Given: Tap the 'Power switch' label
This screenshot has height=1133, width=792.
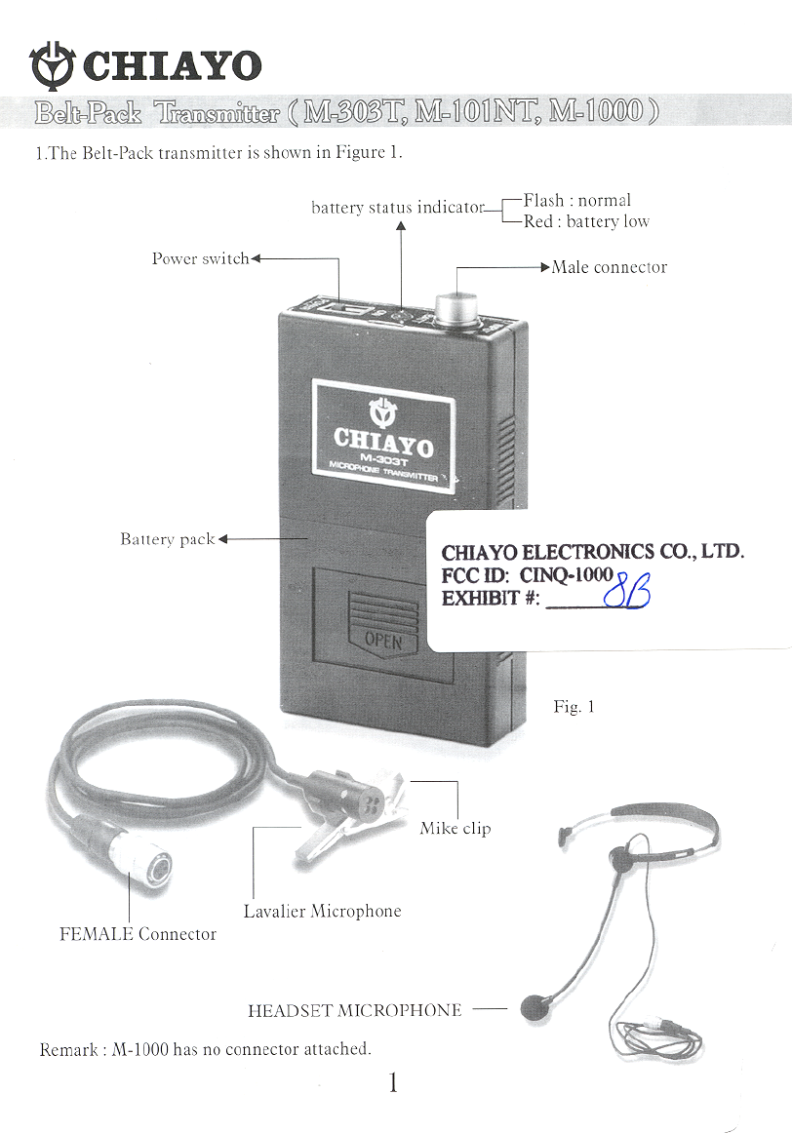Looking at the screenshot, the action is point(200,259).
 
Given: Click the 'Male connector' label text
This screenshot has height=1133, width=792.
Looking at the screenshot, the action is point(610,267).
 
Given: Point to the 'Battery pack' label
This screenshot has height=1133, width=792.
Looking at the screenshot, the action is point(167,539).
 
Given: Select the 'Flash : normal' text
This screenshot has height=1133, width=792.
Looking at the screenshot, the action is point(577,201).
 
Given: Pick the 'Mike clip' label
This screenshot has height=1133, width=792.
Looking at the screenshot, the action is point(455,829).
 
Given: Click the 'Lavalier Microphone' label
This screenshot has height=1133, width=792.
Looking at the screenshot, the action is point(322,911).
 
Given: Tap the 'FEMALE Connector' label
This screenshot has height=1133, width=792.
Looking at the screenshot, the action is point(139,934).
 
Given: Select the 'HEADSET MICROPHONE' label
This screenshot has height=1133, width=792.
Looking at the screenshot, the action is point(355,1011).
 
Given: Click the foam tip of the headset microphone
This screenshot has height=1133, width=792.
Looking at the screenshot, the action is point(533,1006).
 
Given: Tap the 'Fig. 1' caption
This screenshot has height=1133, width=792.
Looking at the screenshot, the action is point(574,707).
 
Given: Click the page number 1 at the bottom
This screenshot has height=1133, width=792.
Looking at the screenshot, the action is point(393,1082).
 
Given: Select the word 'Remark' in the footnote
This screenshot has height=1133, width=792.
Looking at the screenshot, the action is point(70,1050).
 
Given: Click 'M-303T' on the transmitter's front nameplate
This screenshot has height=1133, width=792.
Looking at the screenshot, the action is point(381,458).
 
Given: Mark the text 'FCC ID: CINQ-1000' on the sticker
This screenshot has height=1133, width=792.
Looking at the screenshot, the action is point(527,575).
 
